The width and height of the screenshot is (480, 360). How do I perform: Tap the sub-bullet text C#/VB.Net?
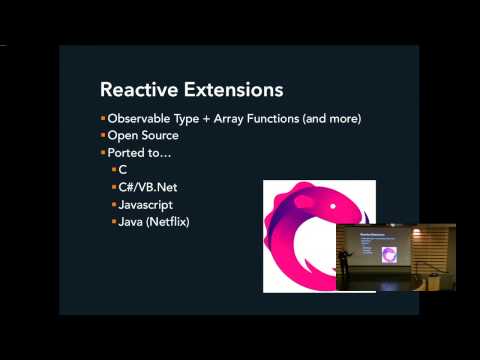[151, 187]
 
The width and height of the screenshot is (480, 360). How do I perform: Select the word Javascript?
[150, 204]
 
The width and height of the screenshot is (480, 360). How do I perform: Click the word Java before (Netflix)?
[134, 221]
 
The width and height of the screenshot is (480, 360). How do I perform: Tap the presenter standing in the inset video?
[342, 264]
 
